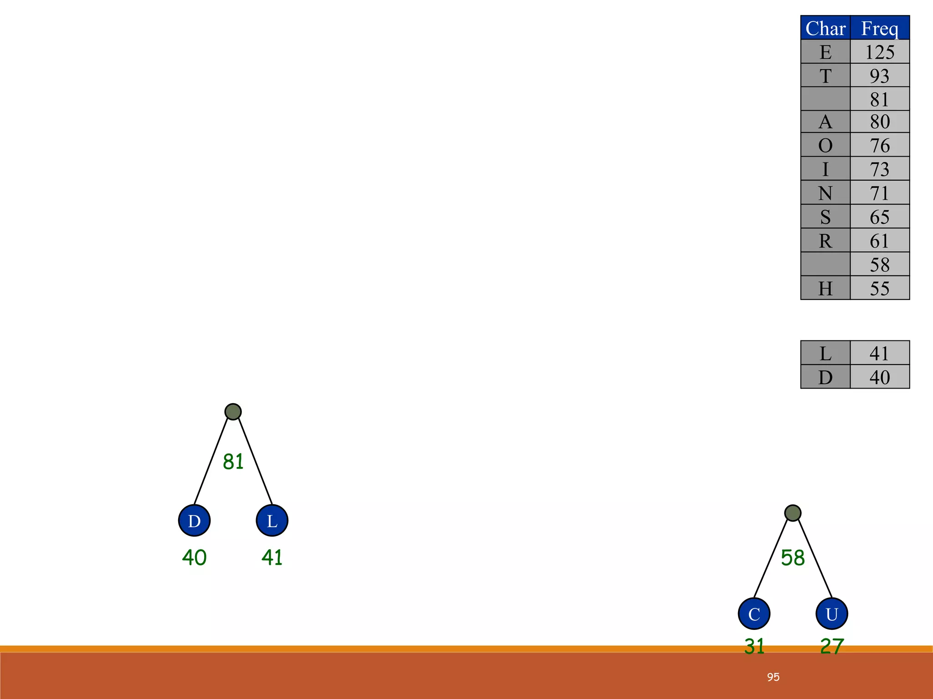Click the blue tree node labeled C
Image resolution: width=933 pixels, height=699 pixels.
(754, 613)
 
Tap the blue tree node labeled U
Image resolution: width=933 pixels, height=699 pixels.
(831, 613)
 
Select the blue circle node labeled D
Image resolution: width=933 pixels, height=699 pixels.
(194, 521)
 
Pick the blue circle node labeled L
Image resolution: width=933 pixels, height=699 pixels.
(272, 521)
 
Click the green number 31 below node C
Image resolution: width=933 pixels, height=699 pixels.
(754, 646)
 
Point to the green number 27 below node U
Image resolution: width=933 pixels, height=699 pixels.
(832, 646)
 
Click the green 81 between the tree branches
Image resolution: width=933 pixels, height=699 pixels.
(233, 461)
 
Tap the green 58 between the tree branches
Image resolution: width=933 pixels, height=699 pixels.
(793, 557)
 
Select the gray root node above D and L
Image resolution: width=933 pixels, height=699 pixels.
(233, 412)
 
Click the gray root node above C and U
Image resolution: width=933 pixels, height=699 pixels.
(793, 513)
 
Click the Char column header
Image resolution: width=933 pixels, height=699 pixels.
(825, 28)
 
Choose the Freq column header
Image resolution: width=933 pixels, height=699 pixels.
(880, 28)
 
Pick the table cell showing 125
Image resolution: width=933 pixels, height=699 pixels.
(880, 52)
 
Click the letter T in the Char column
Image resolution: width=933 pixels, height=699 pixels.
(825, 76)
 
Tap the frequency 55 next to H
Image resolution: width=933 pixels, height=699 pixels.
(880, 288)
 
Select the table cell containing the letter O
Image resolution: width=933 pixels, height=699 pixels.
(825, 145)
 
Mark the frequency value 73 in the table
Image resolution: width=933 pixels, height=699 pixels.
(880, 169)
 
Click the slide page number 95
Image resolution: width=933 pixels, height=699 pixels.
(773, 677)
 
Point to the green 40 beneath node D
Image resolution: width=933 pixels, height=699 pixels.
(194, 557)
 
